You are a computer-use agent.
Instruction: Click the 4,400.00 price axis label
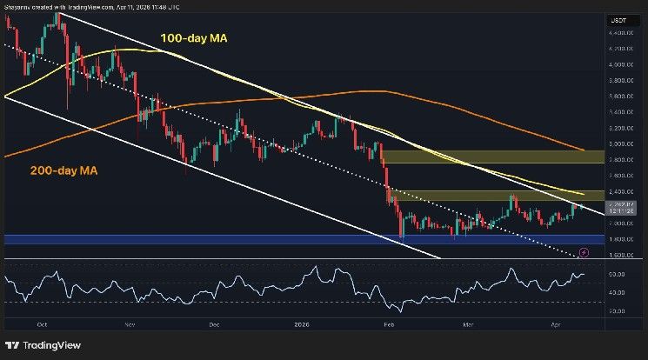point(619,32)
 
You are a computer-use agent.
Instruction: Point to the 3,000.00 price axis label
point(619,144)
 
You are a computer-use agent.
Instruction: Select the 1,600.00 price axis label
point(619,255)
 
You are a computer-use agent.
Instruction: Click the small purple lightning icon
point(584,252)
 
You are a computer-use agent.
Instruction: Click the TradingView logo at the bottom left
point(43,342)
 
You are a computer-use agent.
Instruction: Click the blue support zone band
point(261,238)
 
